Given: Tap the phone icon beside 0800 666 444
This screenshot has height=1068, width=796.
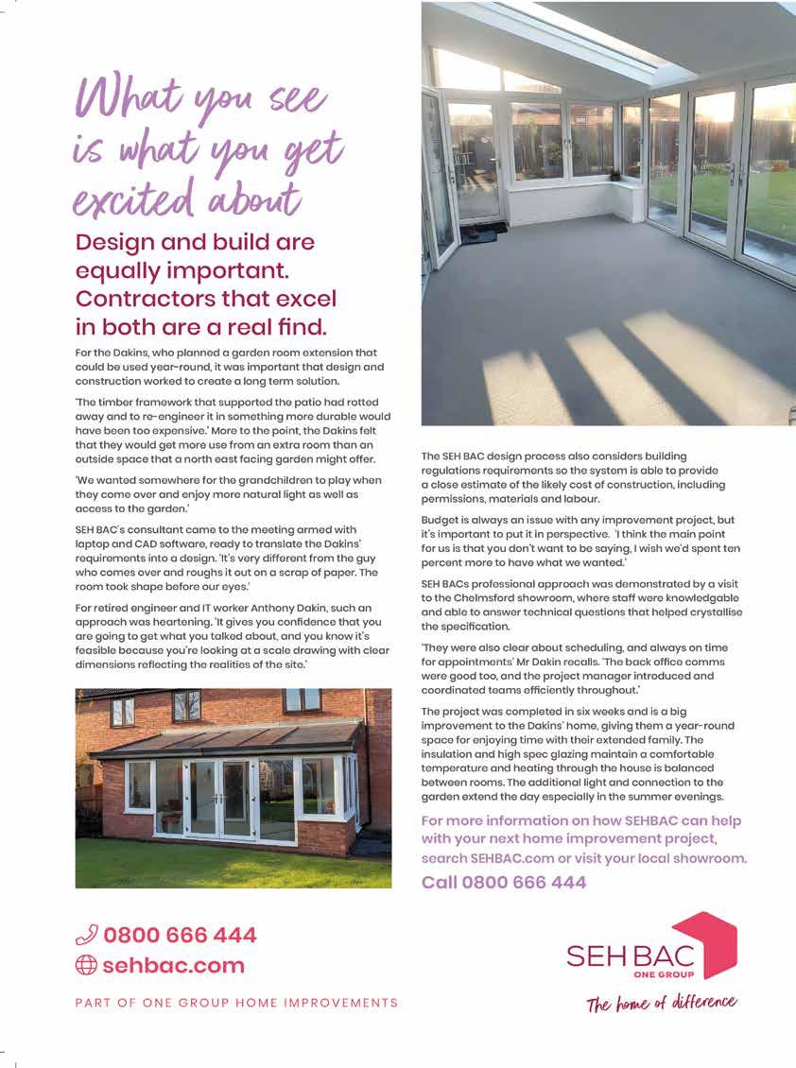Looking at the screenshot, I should pos(86,936).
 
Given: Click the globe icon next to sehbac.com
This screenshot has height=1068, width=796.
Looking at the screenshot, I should pos(86,965).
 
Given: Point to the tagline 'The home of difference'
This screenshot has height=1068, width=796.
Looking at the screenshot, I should pos(661,1003).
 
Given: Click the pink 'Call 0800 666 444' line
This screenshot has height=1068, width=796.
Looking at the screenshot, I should pos(503,883).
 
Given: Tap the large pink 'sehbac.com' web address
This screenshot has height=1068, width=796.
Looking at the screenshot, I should pos(173,965).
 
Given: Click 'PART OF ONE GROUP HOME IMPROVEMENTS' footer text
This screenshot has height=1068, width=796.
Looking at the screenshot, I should pos(236,1003).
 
